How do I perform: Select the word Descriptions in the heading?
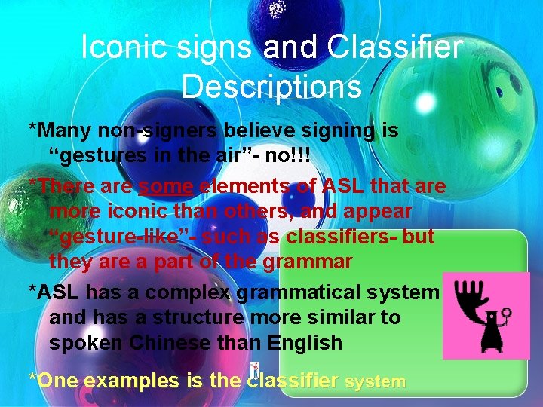[x=271, y=87]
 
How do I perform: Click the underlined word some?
[x=165, y=185]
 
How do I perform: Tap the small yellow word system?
[x=375, y=382]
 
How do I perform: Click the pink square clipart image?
[x=486, y=315]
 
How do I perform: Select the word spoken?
[x=87, y=343]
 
